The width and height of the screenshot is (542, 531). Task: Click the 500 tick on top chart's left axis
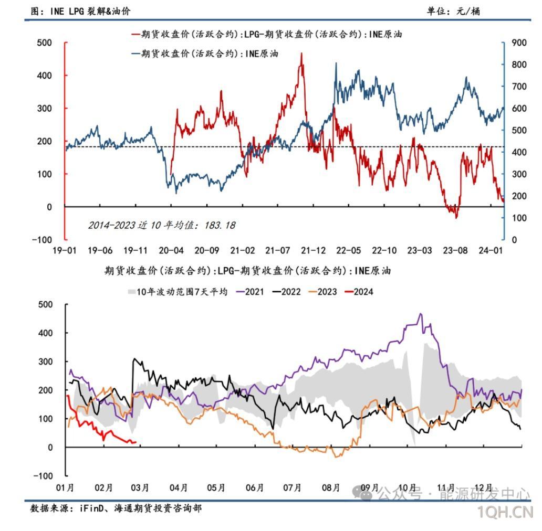(45, 43)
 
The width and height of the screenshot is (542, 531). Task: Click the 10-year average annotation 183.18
(161, 225)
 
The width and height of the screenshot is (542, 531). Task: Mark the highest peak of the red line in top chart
(301, 53)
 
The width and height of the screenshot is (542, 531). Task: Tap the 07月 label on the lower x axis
(292, 488)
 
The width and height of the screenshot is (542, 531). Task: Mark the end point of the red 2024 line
(135, 442)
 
